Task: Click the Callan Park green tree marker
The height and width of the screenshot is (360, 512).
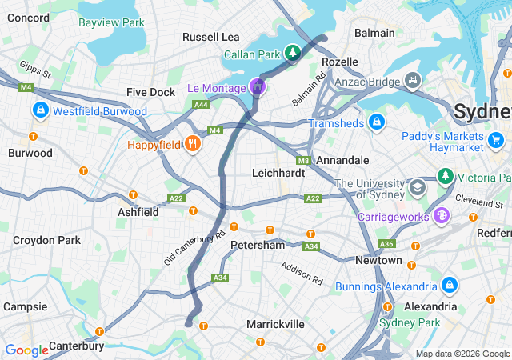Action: coord(294,54)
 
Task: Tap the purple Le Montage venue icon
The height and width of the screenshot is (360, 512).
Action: coord(257,86)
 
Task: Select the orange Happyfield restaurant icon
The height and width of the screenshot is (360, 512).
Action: coord(192,145)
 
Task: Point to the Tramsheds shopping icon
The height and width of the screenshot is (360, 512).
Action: coord(377,122)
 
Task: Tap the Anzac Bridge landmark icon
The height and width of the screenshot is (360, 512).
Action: coord(413,80)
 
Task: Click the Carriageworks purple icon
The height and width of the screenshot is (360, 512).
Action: coord(441,215)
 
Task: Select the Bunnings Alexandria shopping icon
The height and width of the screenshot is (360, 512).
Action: coord(450,285)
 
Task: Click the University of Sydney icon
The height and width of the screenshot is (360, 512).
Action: coord(417,188)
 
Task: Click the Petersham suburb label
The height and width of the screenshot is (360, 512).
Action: coord(258,245)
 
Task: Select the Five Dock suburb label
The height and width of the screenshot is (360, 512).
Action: coord(150,92)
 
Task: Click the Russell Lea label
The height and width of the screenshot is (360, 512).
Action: coord(211,37)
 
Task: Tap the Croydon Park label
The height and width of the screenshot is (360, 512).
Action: coord(46,239)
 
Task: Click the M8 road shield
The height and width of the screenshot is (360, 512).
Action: coord(303,160)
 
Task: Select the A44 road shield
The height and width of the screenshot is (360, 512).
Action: coord(201,105)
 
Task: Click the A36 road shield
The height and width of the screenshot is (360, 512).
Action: coord(387,243)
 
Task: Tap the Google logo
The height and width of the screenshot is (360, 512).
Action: coord(27,350)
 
